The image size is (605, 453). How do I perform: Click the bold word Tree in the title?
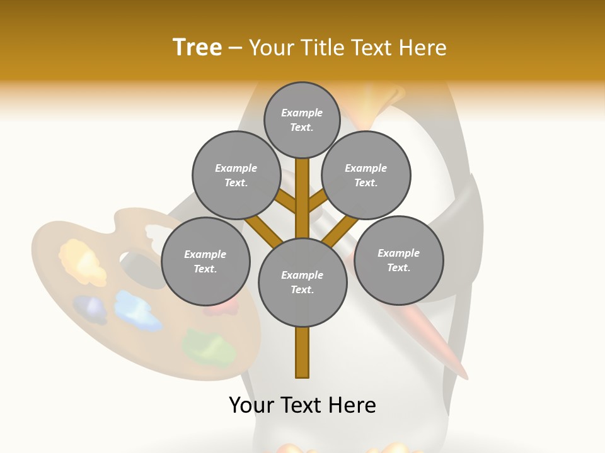197,48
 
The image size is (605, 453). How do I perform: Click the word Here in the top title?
422,48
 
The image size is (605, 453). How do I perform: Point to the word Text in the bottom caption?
302,405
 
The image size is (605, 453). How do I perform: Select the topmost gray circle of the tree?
302,120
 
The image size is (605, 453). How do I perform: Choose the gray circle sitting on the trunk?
302,282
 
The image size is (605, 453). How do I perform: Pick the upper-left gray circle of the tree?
236,176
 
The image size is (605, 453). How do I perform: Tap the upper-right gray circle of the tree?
366,176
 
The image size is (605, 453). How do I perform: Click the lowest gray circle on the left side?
205,262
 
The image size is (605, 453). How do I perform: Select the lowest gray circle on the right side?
398,260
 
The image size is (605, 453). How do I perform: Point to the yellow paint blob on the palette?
82,261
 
